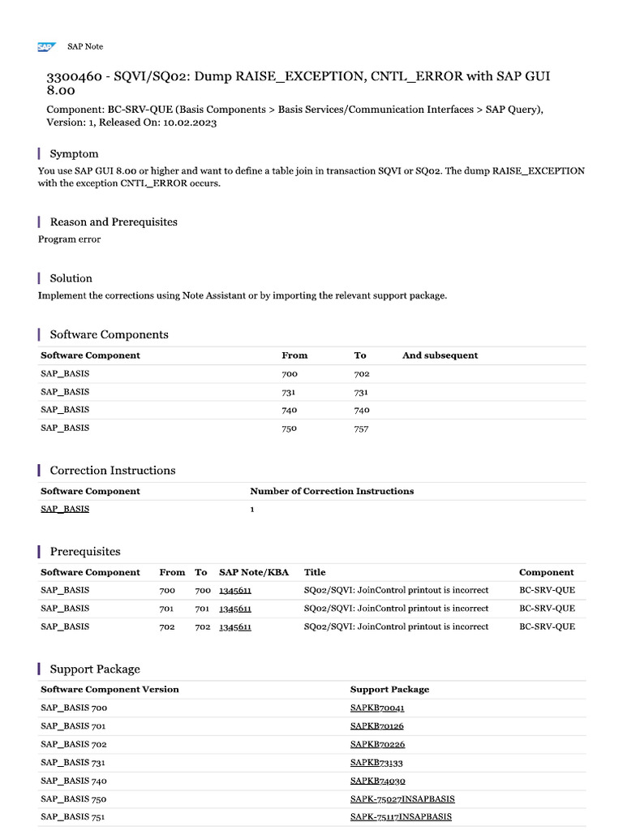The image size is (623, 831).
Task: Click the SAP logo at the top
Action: pos(45,47)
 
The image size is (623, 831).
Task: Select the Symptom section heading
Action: pos(74,153)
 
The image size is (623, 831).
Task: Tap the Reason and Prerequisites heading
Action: pos(114,222)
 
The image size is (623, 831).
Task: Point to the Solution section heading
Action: pos(71,278)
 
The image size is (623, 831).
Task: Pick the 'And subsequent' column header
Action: pos(440,355)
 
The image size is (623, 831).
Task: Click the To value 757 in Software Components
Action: pos(361,428)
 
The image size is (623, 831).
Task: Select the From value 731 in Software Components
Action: pos(290,392)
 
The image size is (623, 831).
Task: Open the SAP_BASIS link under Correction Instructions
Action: pos(65,509)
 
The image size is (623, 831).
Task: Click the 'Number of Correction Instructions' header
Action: pos(332,491)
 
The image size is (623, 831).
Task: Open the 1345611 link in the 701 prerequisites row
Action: pos(235,609)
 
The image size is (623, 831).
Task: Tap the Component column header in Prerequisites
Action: pos(546,572)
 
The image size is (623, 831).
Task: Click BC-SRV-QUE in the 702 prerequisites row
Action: pos(547,626)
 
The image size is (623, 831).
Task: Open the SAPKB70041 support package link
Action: pos(377,708)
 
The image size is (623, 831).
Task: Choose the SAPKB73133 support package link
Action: pos(376,763)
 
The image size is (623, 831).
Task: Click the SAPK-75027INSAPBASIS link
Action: pos(402,799)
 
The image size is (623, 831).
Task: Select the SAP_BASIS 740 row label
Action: pos(73,781)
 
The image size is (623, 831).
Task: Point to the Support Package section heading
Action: pos(95,669)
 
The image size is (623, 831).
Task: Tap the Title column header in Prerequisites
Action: pos(315,572)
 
